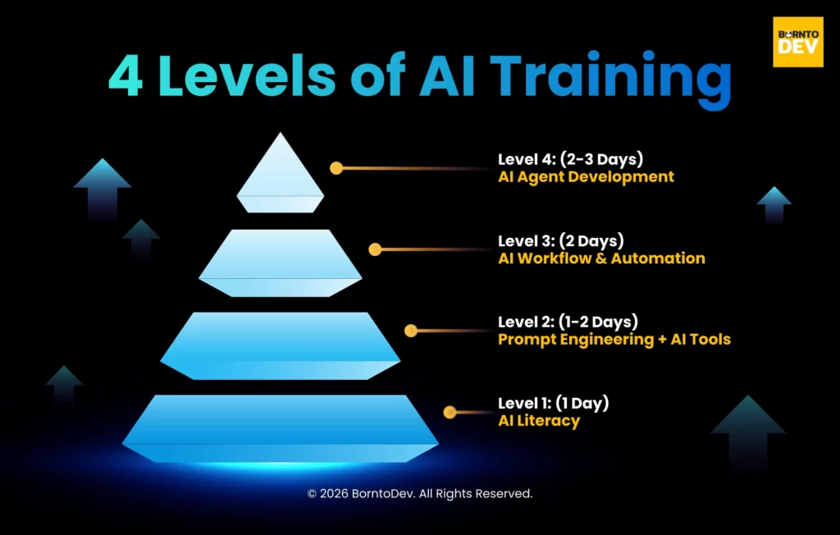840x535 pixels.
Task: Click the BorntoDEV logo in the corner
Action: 798,41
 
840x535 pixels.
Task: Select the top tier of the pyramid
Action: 281,175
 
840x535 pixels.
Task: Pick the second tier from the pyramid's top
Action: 281,263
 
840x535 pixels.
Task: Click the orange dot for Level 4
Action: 336,167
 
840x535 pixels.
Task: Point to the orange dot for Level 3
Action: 375,249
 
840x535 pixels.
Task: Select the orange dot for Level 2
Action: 411,331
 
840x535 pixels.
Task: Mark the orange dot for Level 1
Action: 450,412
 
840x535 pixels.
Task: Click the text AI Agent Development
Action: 586,176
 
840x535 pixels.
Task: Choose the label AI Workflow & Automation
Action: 601,258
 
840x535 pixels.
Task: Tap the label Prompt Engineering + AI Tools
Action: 614,339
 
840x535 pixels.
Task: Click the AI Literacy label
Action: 539,421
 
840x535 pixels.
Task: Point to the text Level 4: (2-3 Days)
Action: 572,159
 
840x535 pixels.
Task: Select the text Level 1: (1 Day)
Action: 554,404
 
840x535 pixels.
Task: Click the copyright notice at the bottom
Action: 420,494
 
